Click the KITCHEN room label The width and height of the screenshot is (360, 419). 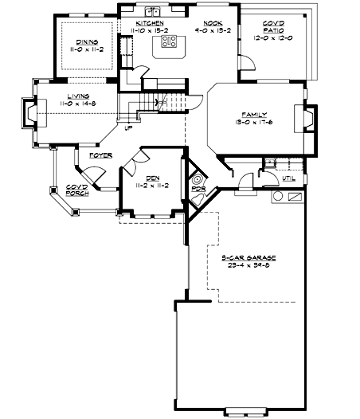150,24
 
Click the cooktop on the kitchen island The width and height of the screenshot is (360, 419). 169,41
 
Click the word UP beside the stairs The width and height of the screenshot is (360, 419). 128,127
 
